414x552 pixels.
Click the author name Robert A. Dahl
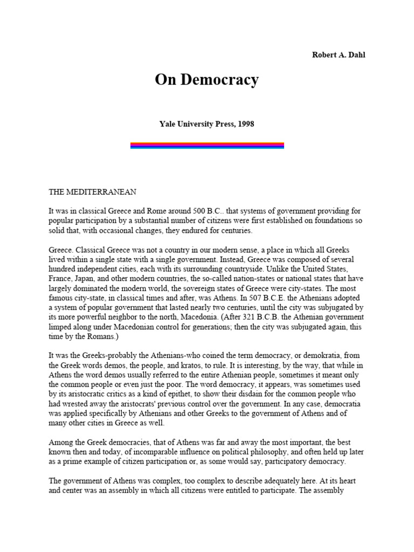click(x=338, y=55)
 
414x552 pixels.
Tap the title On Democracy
click(x=207, y=80)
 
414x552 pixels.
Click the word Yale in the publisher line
click(x=169, y=124)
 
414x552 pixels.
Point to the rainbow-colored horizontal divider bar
click(x=207, y=145)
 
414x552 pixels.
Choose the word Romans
click(x=95, y=337)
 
